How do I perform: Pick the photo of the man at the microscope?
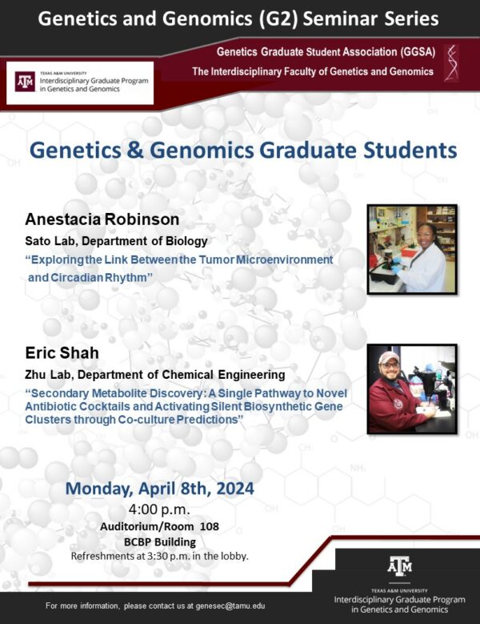(411, 389)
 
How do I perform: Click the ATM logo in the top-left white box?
(25, 83)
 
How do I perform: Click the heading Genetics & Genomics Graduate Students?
(242, 150)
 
